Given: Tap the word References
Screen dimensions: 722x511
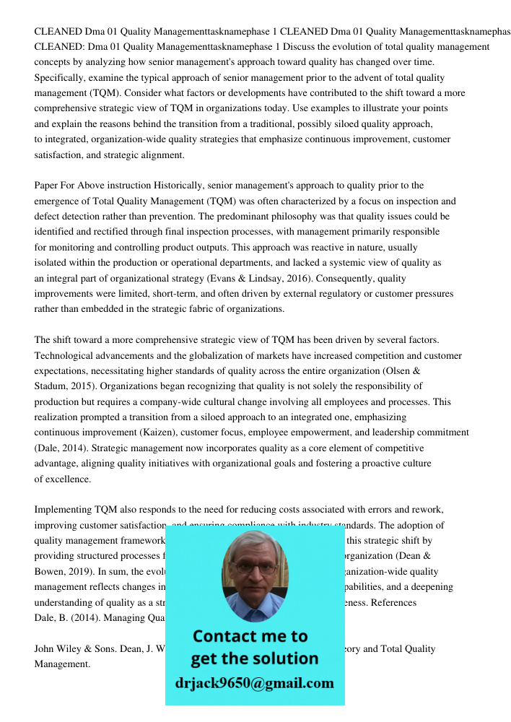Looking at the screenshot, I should click(393, 602).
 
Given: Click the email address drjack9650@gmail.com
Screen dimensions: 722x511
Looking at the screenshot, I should click(255, 682).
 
